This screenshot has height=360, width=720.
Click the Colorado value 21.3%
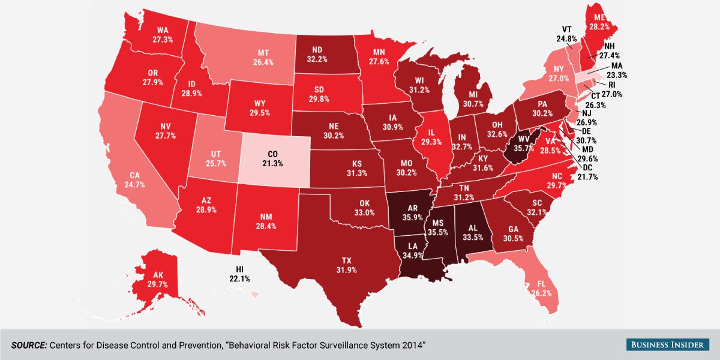[276, 163]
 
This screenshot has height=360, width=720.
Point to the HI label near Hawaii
[239, 269]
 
